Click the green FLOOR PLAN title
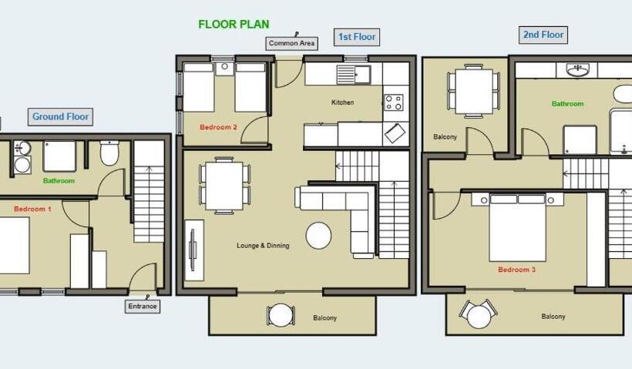pos(234,24)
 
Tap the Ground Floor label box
pos(60,117)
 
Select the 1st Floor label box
pos(357,37)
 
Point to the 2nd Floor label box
pos(543,35)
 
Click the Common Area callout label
pos(291,43)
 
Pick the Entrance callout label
pos(143,306)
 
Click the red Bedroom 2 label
pos(218,127)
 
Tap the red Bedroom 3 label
pos(516,270)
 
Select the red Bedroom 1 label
pos(32,209)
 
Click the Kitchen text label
pos(343,102)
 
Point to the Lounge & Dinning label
pos(263,245)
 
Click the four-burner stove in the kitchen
pos(393,102)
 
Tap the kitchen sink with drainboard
pos(354,75)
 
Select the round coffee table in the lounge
pos(318,236)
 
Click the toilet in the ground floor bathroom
pos(109,153)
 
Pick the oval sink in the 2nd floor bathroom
pos(577,70)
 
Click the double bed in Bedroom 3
pos(517,227)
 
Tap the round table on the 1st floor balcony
pos(281,315)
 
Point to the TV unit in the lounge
pos(194,250)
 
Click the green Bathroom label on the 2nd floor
pos(567,104)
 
